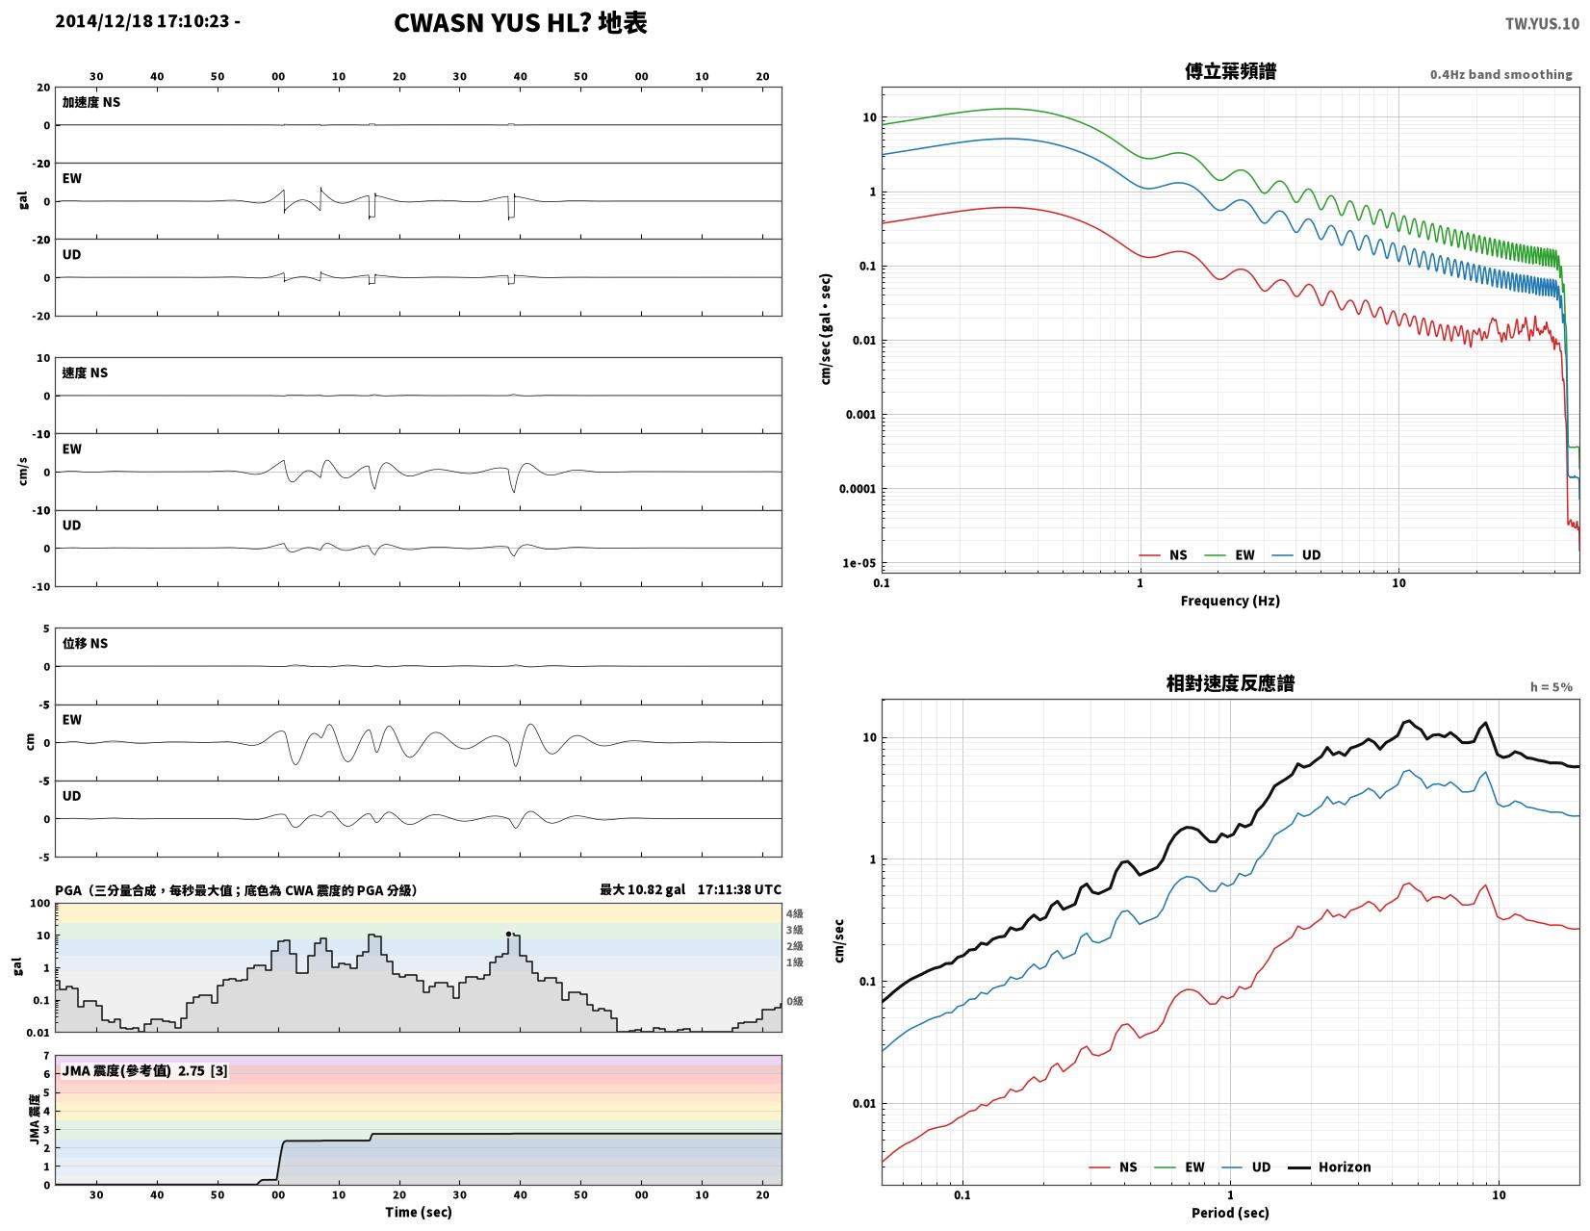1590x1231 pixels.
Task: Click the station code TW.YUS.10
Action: click(x=1542, y=23)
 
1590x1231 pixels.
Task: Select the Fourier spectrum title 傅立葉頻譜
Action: click(x=1230, y=71)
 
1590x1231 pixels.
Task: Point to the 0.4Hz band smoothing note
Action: click(x=1500, y=74)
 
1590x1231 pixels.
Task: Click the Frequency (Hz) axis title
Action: click(x=1229, y=601)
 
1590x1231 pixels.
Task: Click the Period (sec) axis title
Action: click(x=1229, y=1212)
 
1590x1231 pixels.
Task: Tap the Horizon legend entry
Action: click(x=1329, y=1167)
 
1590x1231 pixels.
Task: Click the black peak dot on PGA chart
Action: click(x=508, y=934)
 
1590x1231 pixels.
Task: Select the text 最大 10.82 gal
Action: click(x=642, y=889)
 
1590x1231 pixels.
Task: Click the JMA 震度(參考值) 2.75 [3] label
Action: click(x=144, y=1071)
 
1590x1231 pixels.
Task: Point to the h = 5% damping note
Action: click(x=1551, y=687)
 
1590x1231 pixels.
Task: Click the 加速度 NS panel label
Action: click(x=90, y=102)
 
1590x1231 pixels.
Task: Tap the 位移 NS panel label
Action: click(x=85, y=643)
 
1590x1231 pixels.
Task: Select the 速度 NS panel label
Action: click(x=85, y=372)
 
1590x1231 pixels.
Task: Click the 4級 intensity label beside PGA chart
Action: click(x=795, y=912)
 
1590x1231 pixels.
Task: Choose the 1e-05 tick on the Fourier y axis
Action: click(x=859, y=563)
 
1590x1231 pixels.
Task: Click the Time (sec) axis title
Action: click(x=419, y=1212)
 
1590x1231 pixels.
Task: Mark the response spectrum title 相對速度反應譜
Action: click(x=1230, y=683)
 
